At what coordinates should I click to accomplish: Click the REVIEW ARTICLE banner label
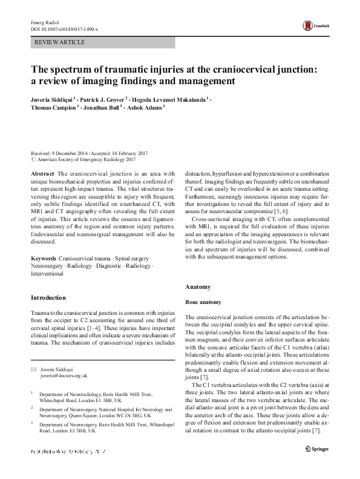point(60,42)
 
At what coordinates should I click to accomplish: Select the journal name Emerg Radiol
point(43,22)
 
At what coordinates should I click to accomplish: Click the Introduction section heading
point(48,297)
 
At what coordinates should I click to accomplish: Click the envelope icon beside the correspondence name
point(34,369)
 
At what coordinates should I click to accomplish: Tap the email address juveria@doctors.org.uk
point(64,376)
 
